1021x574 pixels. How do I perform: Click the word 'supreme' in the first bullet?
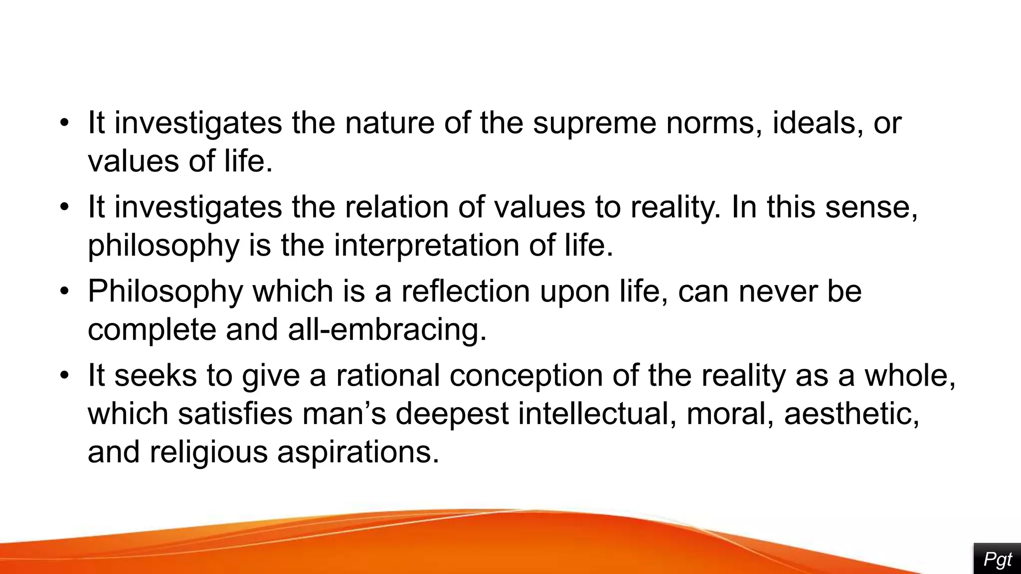(x=594, y=123)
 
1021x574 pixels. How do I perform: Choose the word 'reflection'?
(x=466, y=291)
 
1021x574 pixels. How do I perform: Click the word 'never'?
(x=778, y=291)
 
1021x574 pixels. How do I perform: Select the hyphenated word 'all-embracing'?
(x=387, y=329)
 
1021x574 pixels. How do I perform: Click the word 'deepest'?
(x=452, y=414)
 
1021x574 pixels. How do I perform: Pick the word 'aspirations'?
(x=358, y=452)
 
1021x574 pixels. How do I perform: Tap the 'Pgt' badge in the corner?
(x=997, y=560)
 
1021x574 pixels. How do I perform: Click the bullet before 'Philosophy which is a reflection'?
(x=63, y=291)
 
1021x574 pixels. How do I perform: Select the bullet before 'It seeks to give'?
(x=63, y=375)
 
